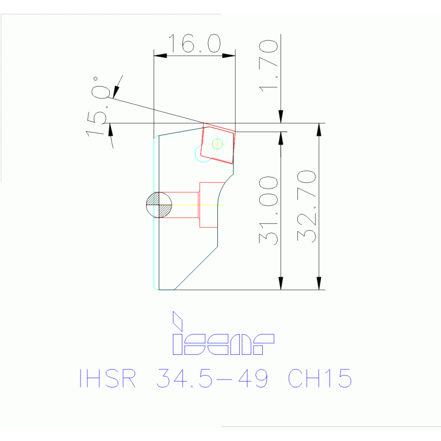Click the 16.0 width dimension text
(194, 44)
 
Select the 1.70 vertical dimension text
(269, 65)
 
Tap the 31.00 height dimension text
(269, 210)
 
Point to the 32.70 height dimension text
(307, 206)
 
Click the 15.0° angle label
(99, 107)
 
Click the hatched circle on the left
(159, 205)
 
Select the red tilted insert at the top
(218, 144)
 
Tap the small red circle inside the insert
(217, 144)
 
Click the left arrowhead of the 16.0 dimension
(160, 56)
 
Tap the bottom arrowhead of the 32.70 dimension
(319, 283)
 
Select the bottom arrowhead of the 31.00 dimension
(281, 283)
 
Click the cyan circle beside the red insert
(202, 154)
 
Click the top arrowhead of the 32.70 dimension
(319, 129)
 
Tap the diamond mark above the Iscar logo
(177, 320)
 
